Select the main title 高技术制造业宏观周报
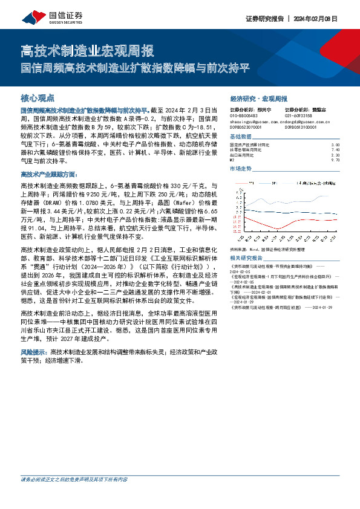[87, 50]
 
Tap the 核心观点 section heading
[38, 97]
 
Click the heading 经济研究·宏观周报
[258, 98]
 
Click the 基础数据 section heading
[240, 138]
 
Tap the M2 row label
[232, 160]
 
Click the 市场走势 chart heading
[240, 168]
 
